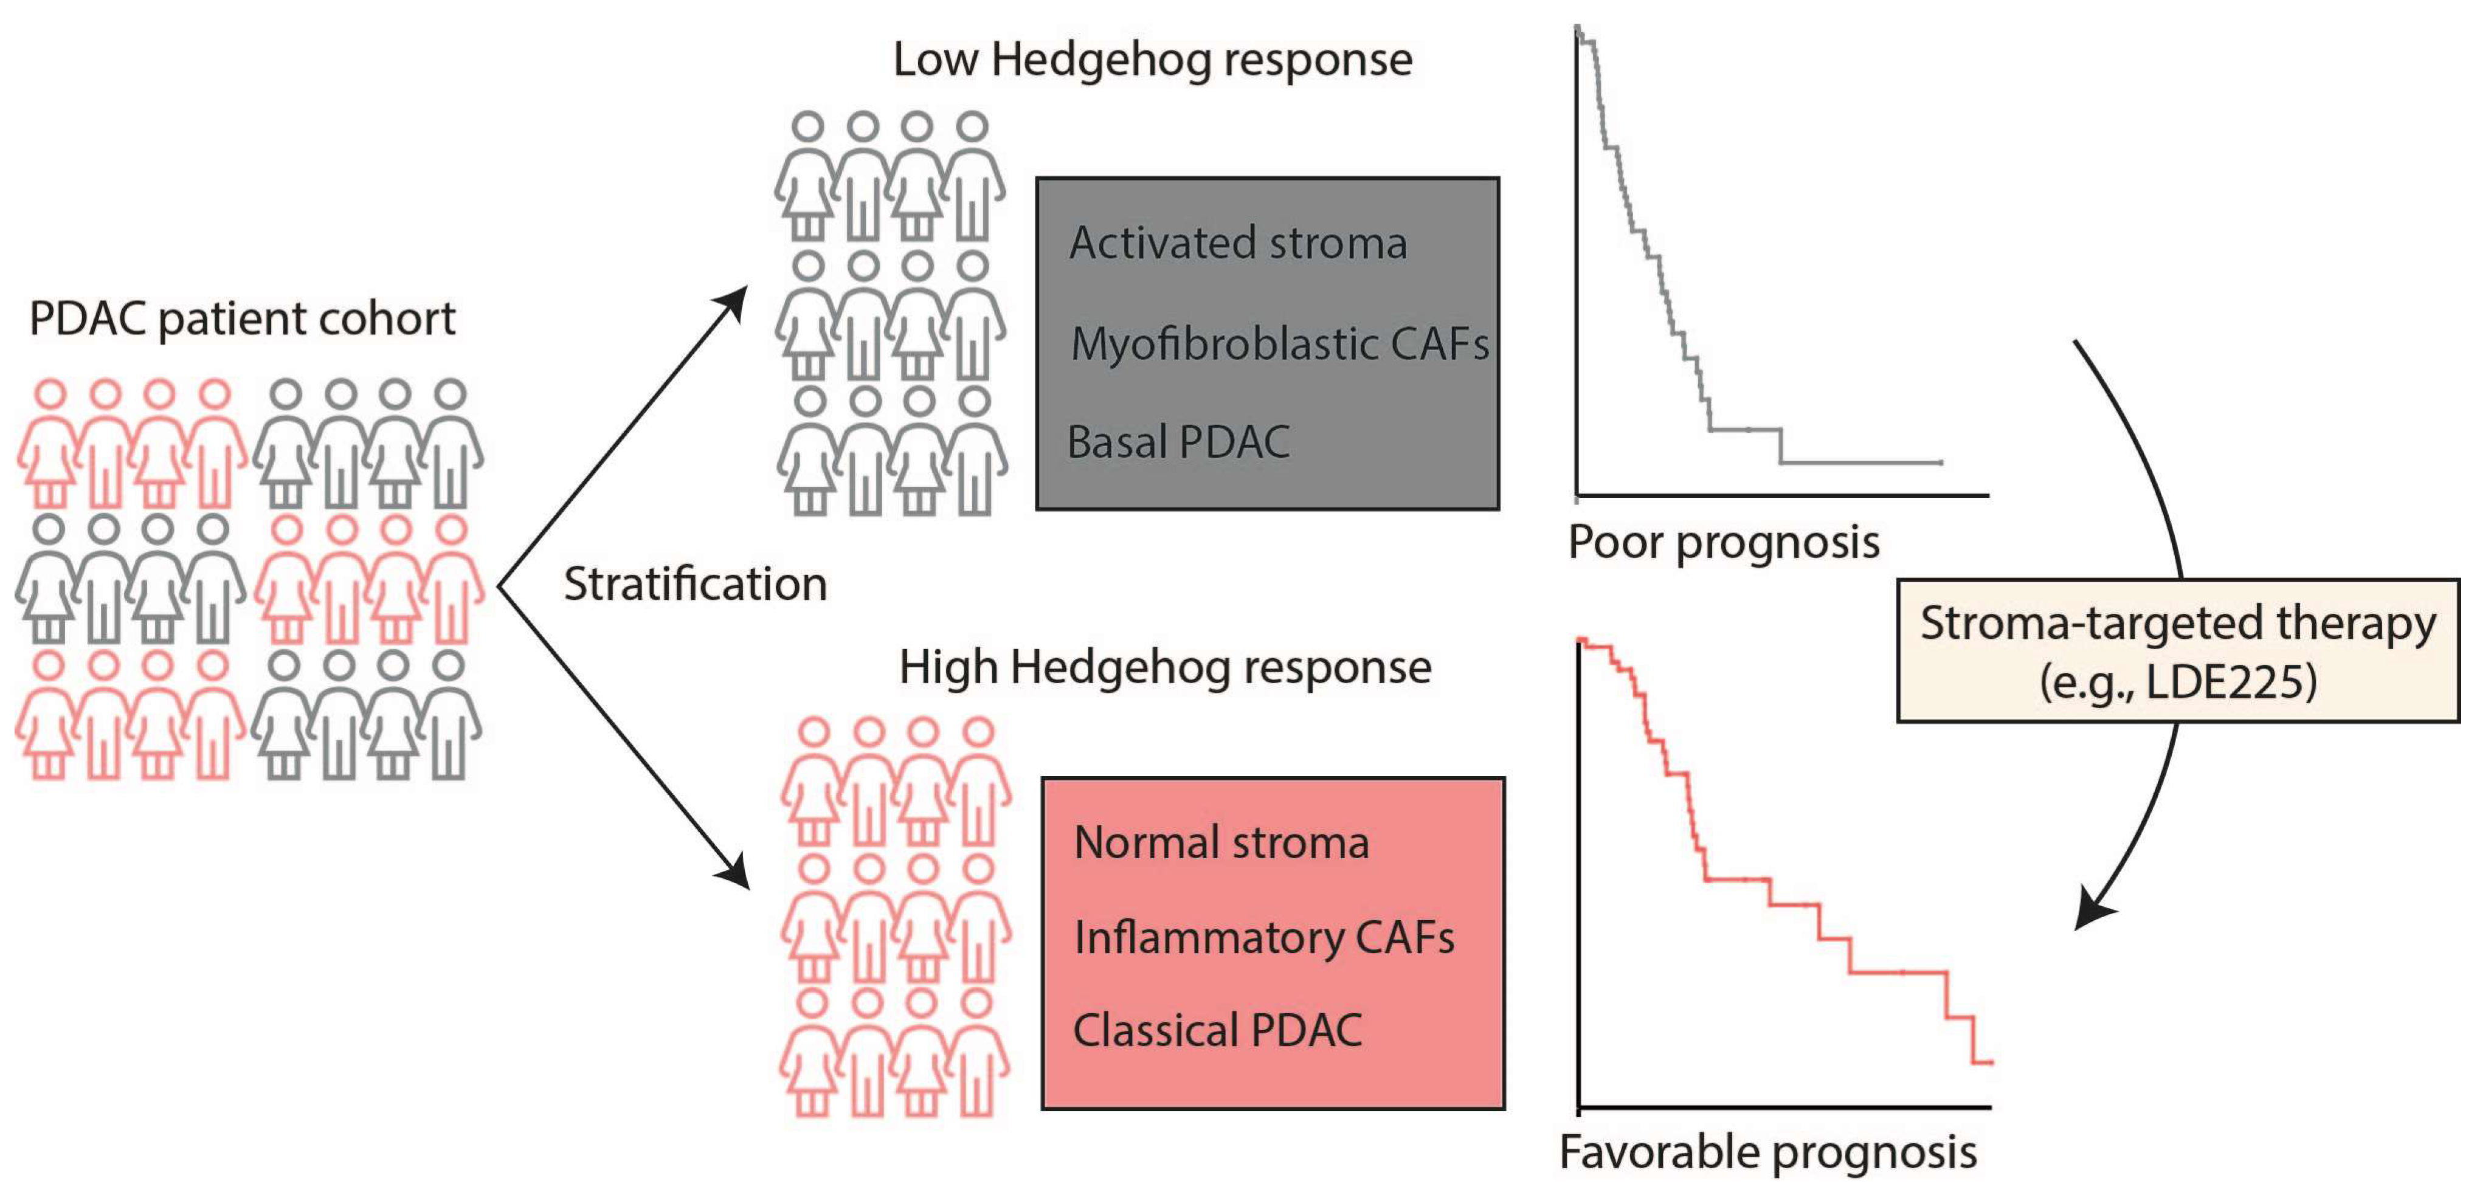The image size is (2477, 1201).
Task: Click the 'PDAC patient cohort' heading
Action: coord(243,318)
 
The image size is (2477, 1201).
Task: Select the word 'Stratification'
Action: coord(694,583)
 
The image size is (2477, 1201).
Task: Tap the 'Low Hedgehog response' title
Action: coord(1152,60)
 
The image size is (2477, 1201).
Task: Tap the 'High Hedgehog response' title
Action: coord(1164,666)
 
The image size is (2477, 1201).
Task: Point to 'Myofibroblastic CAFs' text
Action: coord(1279,343)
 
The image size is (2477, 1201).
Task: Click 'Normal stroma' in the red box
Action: coord(1221,842)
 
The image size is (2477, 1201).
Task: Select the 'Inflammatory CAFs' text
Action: coord(1263,937)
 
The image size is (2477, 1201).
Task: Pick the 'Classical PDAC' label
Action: coord(1217,1030)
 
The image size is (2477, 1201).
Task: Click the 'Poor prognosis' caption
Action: coord(1723,542)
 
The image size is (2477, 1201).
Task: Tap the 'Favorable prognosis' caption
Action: coord(1767,1152)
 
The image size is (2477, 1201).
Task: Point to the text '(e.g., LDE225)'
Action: coord(2177,681)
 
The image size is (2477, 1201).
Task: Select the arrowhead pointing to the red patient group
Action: coord(734,871)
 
